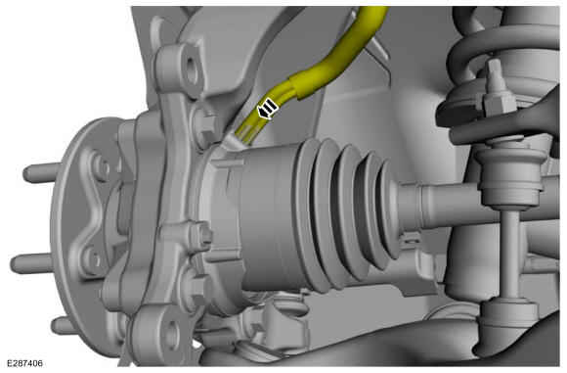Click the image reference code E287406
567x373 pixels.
24,363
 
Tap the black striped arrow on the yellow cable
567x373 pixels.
267,108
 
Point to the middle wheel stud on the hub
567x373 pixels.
31,263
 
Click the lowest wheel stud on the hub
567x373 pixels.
63,326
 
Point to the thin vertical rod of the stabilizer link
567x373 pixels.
510,254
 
